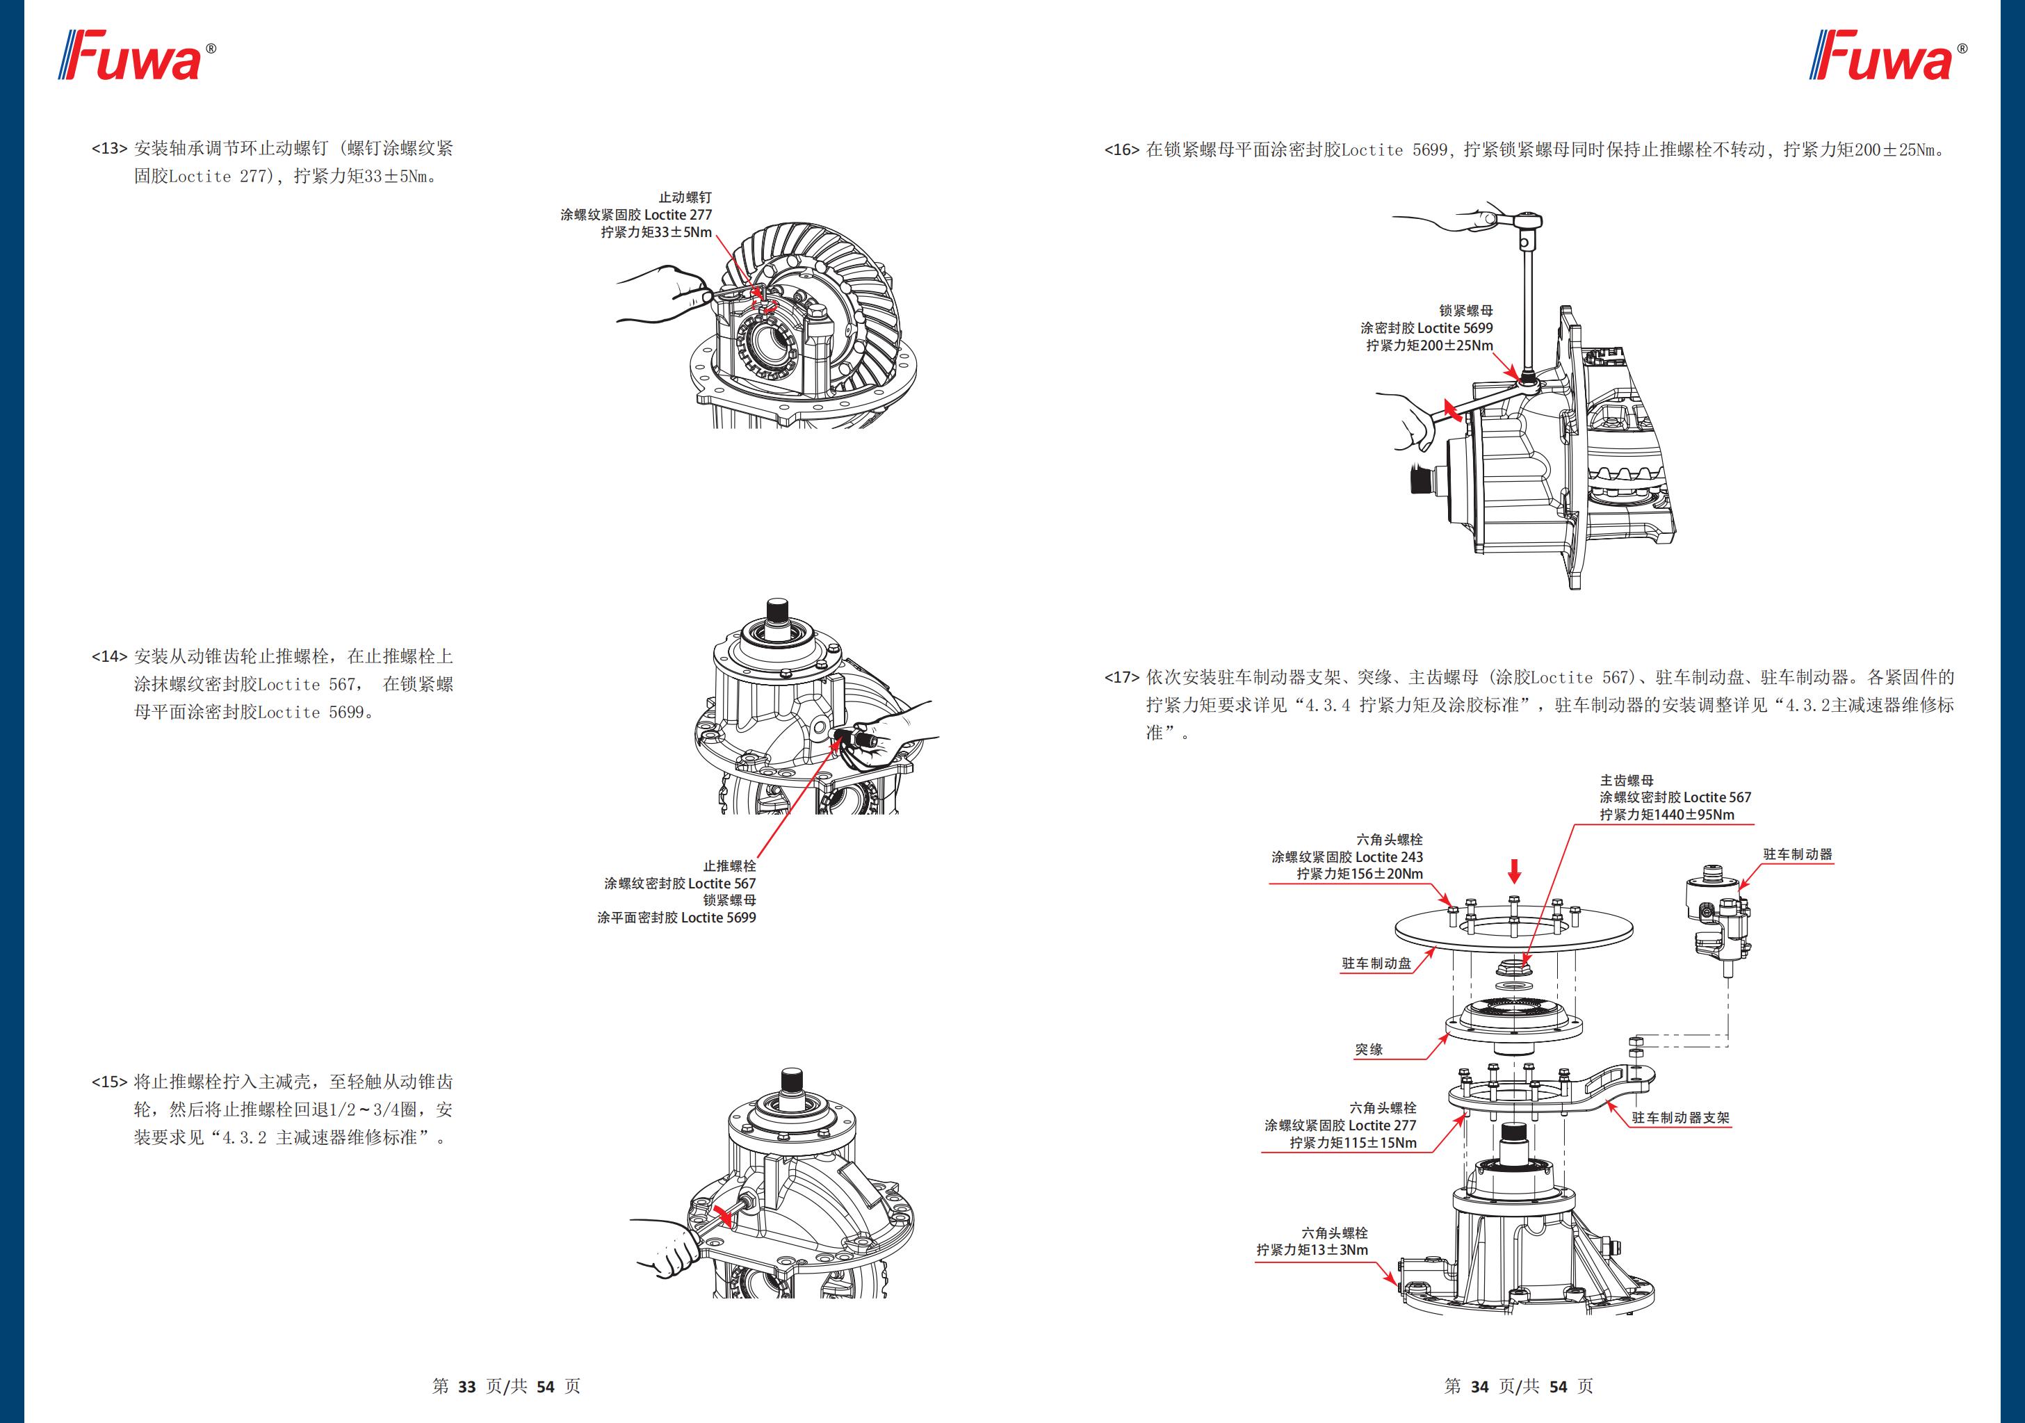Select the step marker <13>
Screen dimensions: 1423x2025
point(109,148)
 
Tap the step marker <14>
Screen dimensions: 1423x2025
point(109,656)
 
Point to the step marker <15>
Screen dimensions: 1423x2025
point(109,1082)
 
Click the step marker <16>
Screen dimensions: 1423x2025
point(1122,150)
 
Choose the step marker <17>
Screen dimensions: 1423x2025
point(1122,678)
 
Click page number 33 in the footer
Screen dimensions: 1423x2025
point(466,1387)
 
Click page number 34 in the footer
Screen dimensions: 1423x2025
point(1479,1387)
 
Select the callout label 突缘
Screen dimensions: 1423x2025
point(1369,1050)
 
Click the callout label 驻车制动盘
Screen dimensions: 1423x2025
point(1376,963)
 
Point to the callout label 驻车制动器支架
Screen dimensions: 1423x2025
point(1680,1118)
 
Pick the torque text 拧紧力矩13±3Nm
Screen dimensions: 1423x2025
point(1312,1250)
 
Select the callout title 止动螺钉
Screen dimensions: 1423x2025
point(685,197)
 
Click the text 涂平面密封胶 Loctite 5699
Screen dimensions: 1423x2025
point(676,918)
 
